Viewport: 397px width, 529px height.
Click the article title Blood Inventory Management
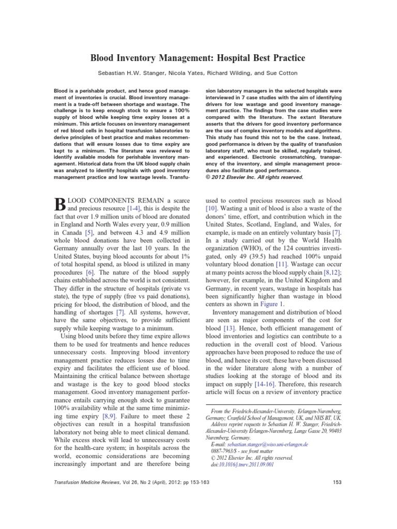pos(198,57)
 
